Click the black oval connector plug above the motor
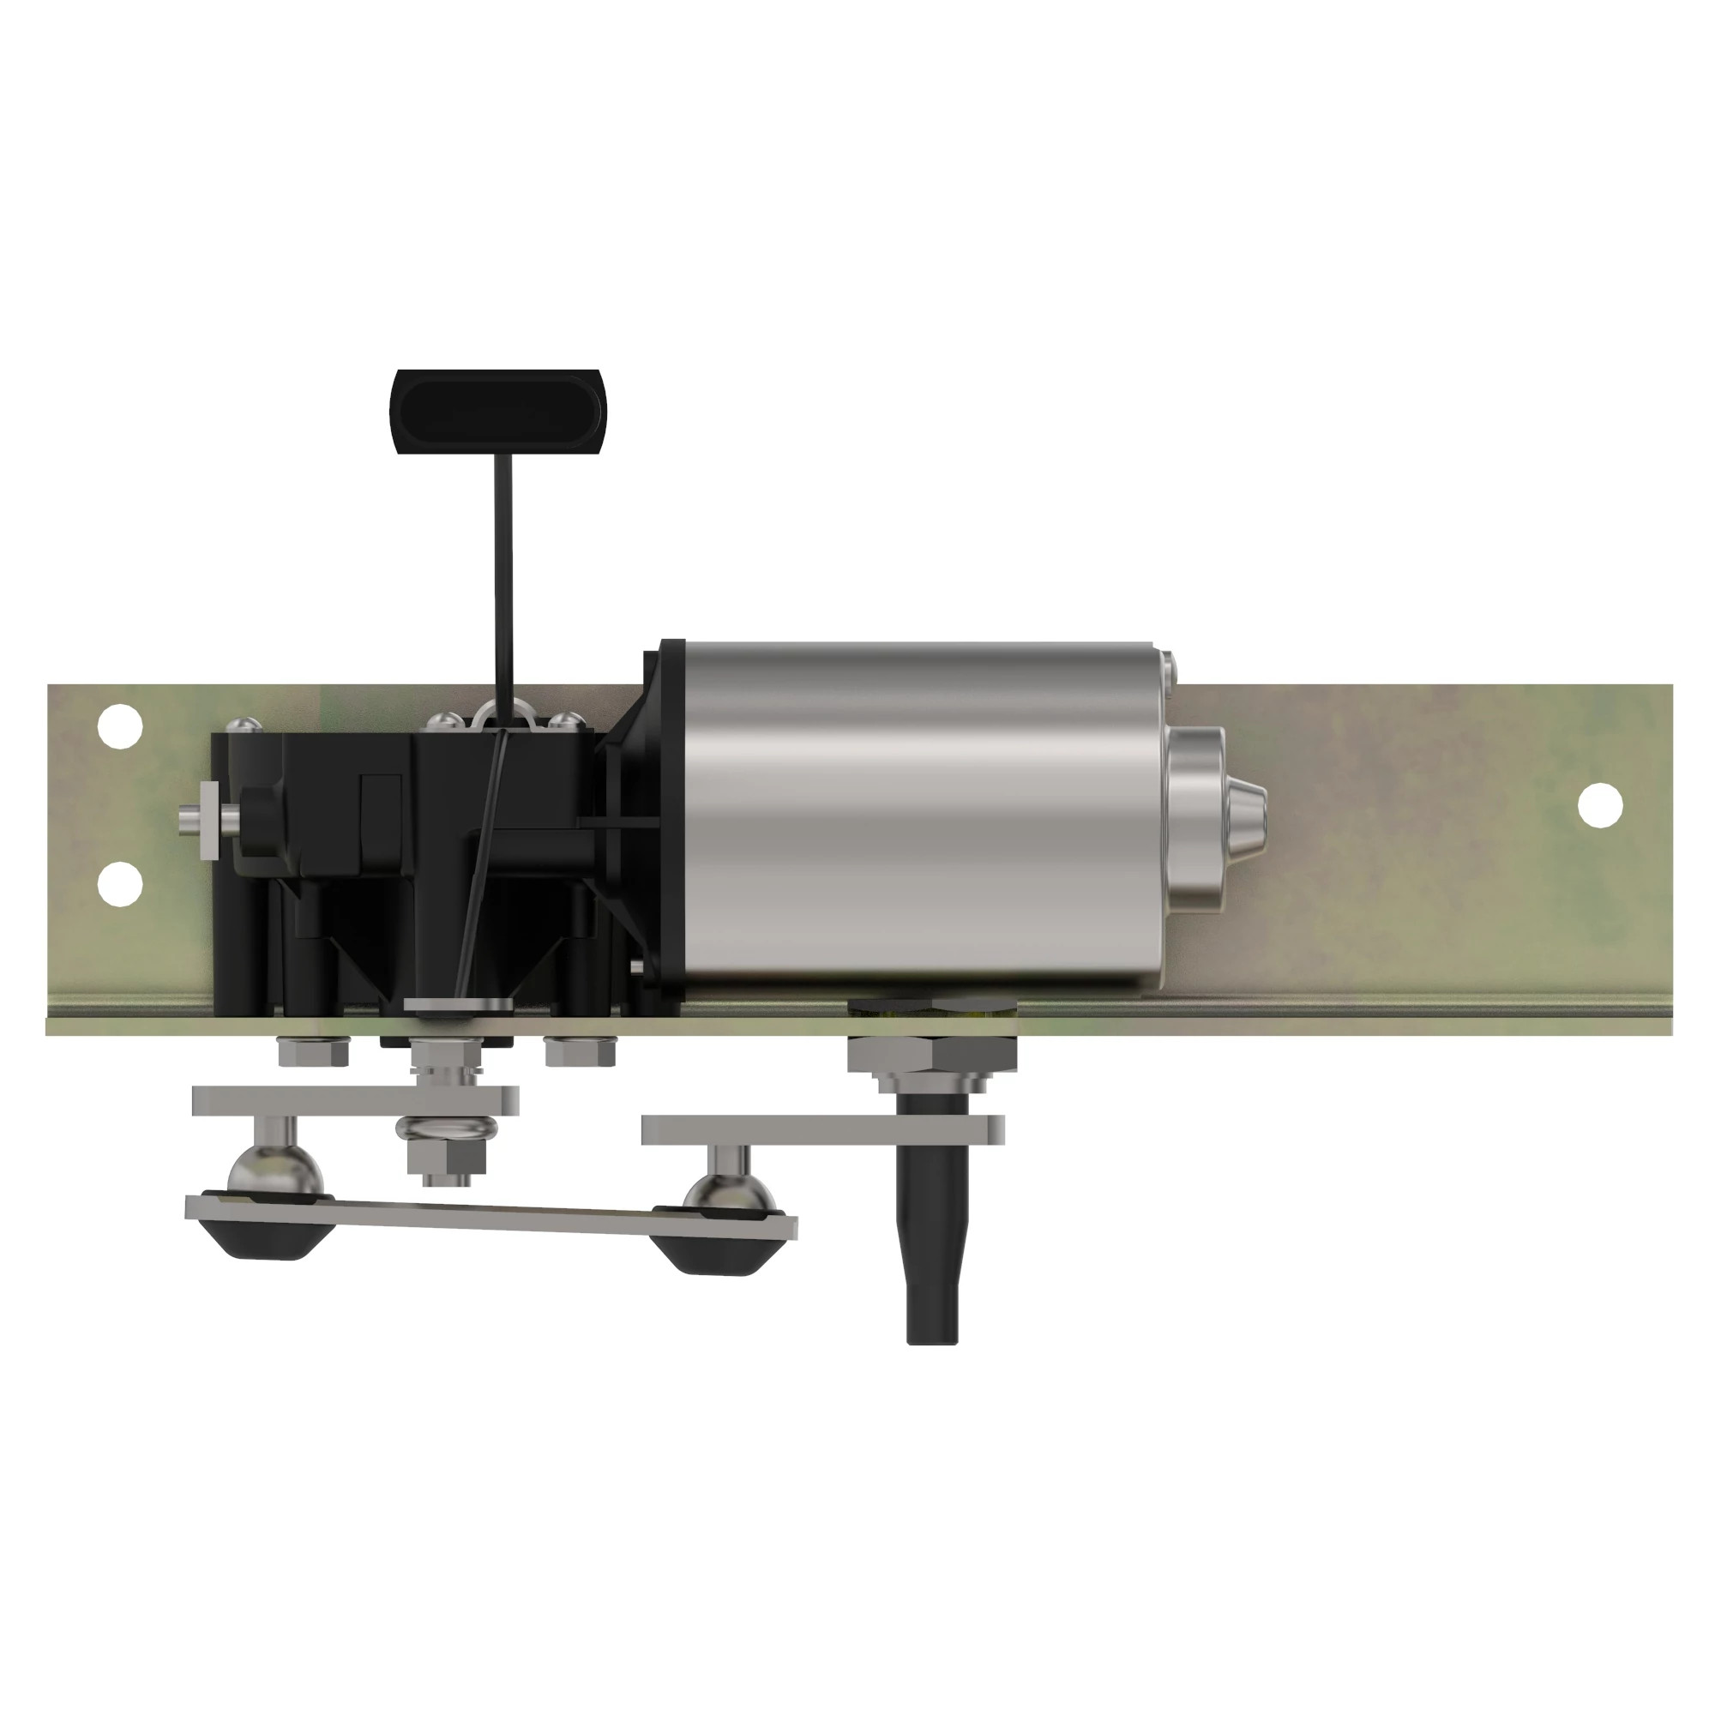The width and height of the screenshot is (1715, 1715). tap(496, 412)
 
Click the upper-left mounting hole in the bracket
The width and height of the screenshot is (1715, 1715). tap(120, 727)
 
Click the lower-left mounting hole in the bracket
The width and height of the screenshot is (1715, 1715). tap(120, 883)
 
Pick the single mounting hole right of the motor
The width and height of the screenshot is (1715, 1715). tap(1600, 805)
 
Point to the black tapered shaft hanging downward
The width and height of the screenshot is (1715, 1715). tap(932, 1261)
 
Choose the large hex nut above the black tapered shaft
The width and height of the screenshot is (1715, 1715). tap(932, 1054)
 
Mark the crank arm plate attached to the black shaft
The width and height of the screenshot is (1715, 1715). tap(821, 1129)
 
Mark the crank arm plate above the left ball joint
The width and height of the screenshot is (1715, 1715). tap(355, 1101)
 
